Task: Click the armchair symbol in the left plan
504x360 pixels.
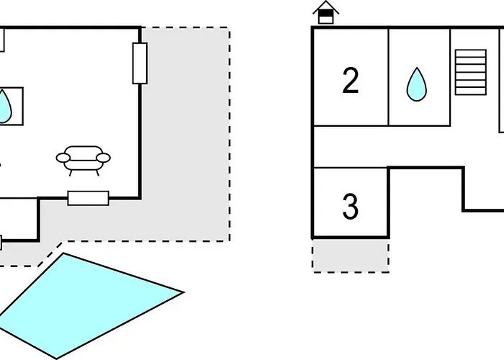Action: (x=84, y=159)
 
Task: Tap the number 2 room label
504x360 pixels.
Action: (x=351, y=81)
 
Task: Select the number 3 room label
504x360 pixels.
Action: (x=350, y=207)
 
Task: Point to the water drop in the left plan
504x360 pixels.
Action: (x=4, y=106)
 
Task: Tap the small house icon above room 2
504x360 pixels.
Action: (x=326, y=13)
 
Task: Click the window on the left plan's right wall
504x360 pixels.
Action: (x=140, y=63)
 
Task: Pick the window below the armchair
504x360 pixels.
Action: (x=88, y=198)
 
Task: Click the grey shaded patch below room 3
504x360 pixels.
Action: (x=350, y=256)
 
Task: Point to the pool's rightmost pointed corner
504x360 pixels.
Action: (x=183, y=292)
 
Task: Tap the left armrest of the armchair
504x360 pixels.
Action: (x=63, y=157)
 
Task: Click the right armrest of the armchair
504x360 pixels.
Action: (x=106, y=157)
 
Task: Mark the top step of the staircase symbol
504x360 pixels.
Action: (x=470, y=53)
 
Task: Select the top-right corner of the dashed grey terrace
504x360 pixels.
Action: (x=229, y=28)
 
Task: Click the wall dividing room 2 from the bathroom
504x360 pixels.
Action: (x=389, y=76)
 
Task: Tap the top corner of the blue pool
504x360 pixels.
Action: (x=64, y=253)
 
